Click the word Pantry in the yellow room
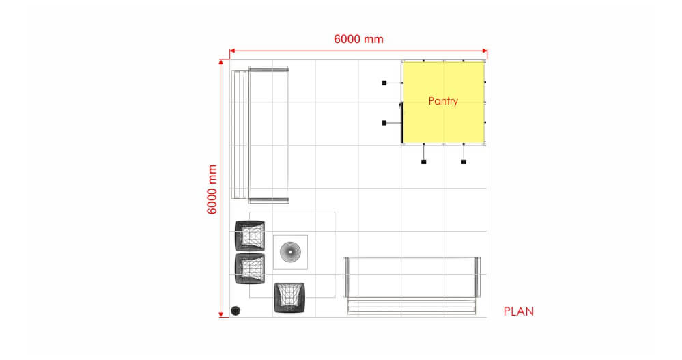tap(443, 101)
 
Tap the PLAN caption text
tap(518, 311)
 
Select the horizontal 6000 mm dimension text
tap(358, 39)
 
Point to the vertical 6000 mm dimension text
tap(212, 189)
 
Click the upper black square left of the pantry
tap(384, 83)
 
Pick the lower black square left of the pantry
tap(384, 123)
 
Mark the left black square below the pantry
tap(424, 162)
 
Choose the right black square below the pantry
tap(464, 162)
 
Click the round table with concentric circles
tap(290, 252)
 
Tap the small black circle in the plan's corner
tap(236, 310)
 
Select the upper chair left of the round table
tap(250, 236)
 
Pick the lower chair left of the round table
tap(250, 269)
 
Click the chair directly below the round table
tap(289, 298)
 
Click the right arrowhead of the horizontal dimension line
tap(485, 51)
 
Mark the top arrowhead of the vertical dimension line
tap(221, 62)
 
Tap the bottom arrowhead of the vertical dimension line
tap(221, 314)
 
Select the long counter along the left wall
tap(261, 135)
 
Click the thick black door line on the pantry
tap(401, 123)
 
